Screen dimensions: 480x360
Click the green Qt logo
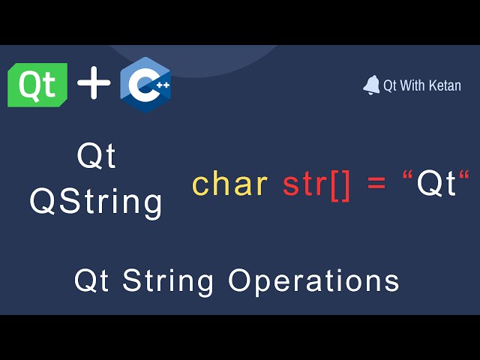(x=37, y=85)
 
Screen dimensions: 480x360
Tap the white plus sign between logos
(x=94, y=82)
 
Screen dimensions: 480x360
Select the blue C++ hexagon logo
(x=145, y=85)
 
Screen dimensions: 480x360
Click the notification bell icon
(x=371, y=85)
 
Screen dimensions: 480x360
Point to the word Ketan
(x=445, y=85)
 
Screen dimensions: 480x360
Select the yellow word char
(x=230, y=183)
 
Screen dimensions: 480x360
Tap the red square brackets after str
(x=340, y=185)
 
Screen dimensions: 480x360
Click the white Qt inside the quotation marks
(x=436, y=183)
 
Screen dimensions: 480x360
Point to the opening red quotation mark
(x=406, y=175)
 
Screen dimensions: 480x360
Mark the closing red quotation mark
(x=464, y=175)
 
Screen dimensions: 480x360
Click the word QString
(x=96, y=202)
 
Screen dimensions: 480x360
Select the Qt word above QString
(x=97, y=157)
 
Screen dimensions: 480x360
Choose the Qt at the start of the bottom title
(x=91, y=280)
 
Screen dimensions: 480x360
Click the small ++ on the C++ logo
(x=163, y=85)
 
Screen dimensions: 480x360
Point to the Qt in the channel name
(x=390, y=86)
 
